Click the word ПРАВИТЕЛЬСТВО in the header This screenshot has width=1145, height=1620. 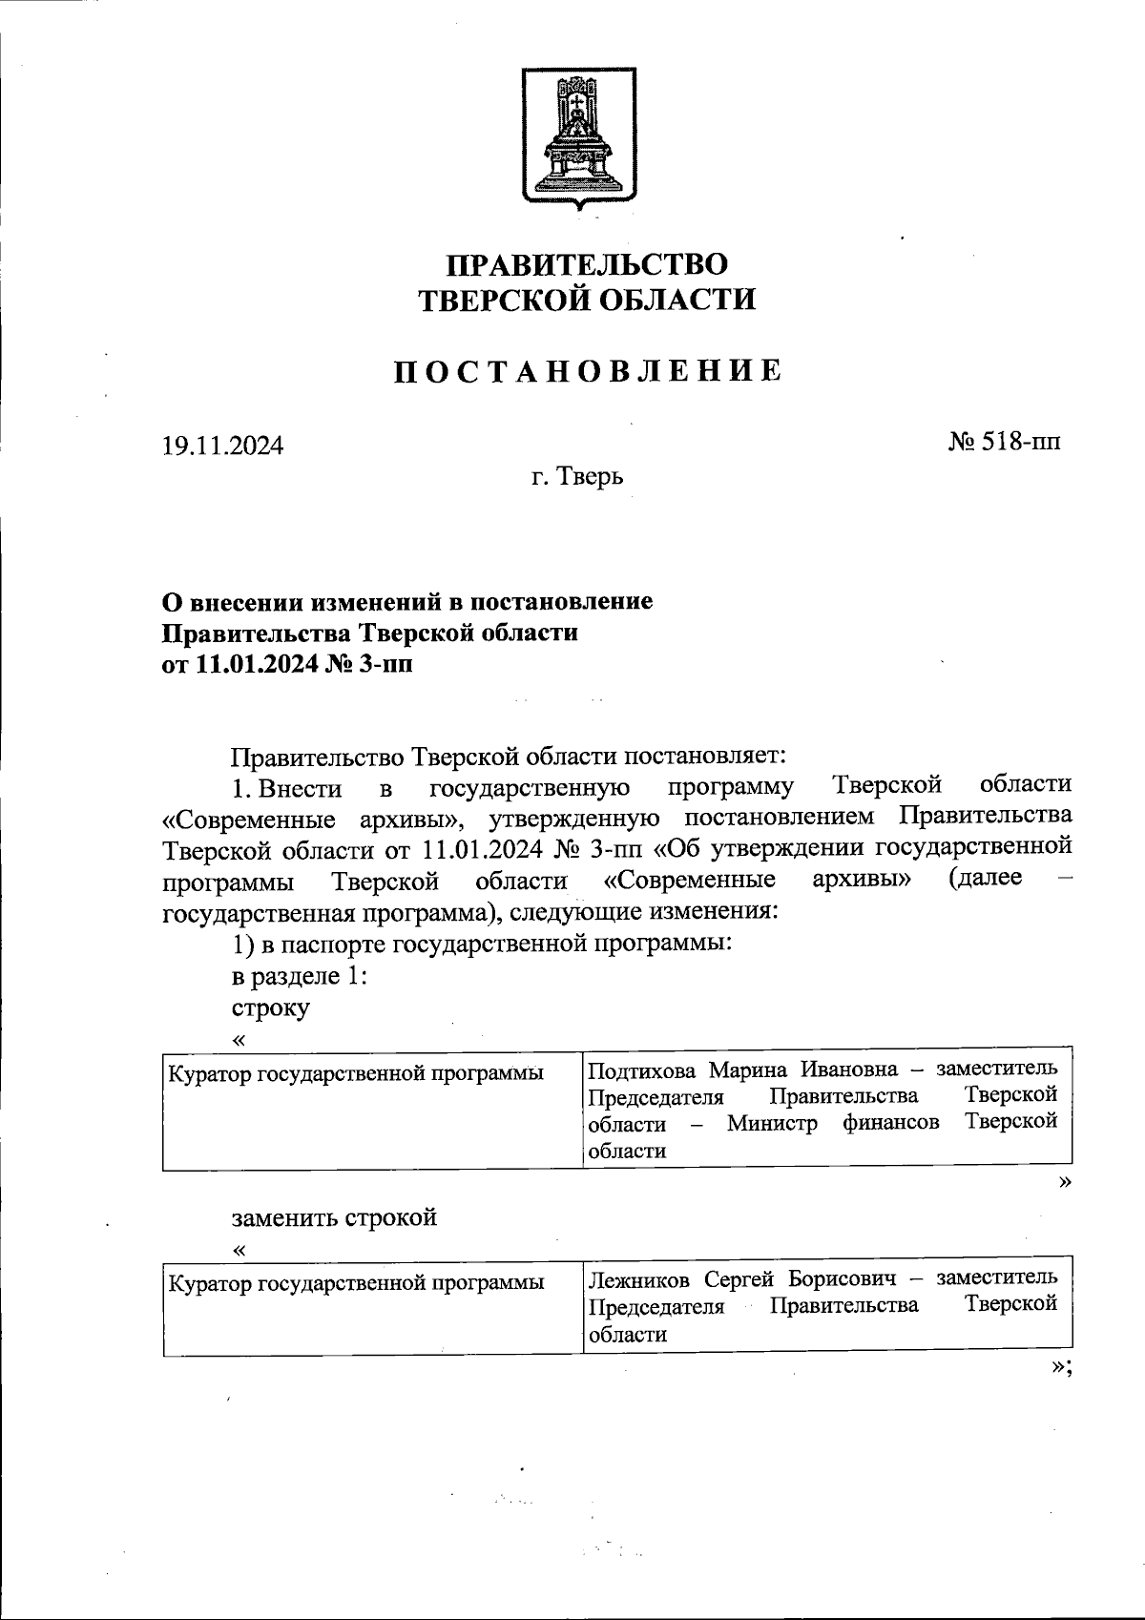coord(587,264)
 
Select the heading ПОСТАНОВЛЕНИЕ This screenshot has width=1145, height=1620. coord(589,371)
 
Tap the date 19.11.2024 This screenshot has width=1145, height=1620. coord(222,446)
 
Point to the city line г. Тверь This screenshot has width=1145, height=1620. coord(578,476)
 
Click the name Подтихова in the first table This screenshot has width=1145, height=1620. coord(635,1068)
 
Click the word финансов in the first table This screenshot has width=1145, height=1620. coord(890,1122)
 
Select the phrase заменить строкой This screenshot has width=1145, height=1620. coord(334,1217)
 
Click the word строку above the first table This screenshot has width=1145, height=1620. coord(270,1007)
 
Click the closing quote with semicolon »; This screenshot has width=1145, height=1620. coord(1061,1365)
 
